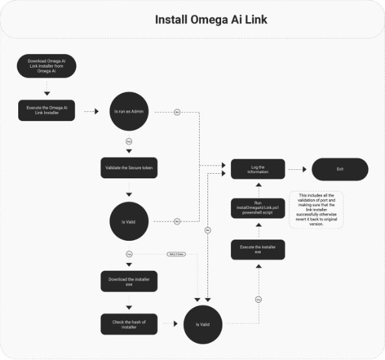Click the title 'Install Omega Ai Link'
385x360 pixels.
pyautogui.click(x=211, y=20)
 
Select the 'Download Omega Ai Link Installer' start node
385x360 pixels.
pyautogui.click(x=47, y=66)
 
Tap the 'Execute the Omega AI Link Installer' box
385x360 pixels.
pyautogui.click(x=47, y=111)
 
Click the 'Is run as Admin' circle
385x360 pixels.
pyautogui.click(x=129, y=111)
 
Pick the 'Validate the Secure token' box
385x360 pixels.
pyautogui.click(x=129, y=167)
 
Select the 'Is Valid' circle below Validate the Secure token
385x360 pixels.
pyautogui.click(x=129, y=222)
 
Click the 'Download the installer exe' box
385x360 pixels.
pyautogui.click(x=129, y=281)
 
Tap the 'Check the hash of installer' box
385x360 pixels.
pyautogui.click(x=129, y=324)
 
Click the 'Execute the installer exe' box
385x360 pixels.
pyautogui.click(x=258, y=250)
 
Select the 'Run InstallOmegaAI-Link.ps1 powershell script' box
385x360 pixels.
pyautogui.click(x=258, y=209)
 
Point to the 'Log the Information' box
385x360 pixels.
pyautogui.click(x=258, y=169)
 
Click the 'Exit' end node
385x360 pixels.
pyautogui.click(x=339, y=169)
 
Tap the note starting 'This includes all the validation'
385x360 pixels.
pyautogui.click(x=316, y=209)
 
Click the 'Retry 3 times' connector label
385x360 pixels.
pyautogui.click(x=176, y=253)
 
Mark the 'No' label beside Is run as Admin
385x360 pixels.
pyautogui.click(x=177, y=112)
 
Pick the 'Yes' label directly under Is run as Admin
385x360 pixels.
pyautogui.click(x=129, y=141)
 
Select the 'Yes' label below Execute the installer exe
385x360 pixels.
pyautogui.click(x=258, y=299)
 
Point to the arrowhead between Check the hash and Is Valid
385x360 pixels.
pyautogui.click(x=176, y=324)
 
